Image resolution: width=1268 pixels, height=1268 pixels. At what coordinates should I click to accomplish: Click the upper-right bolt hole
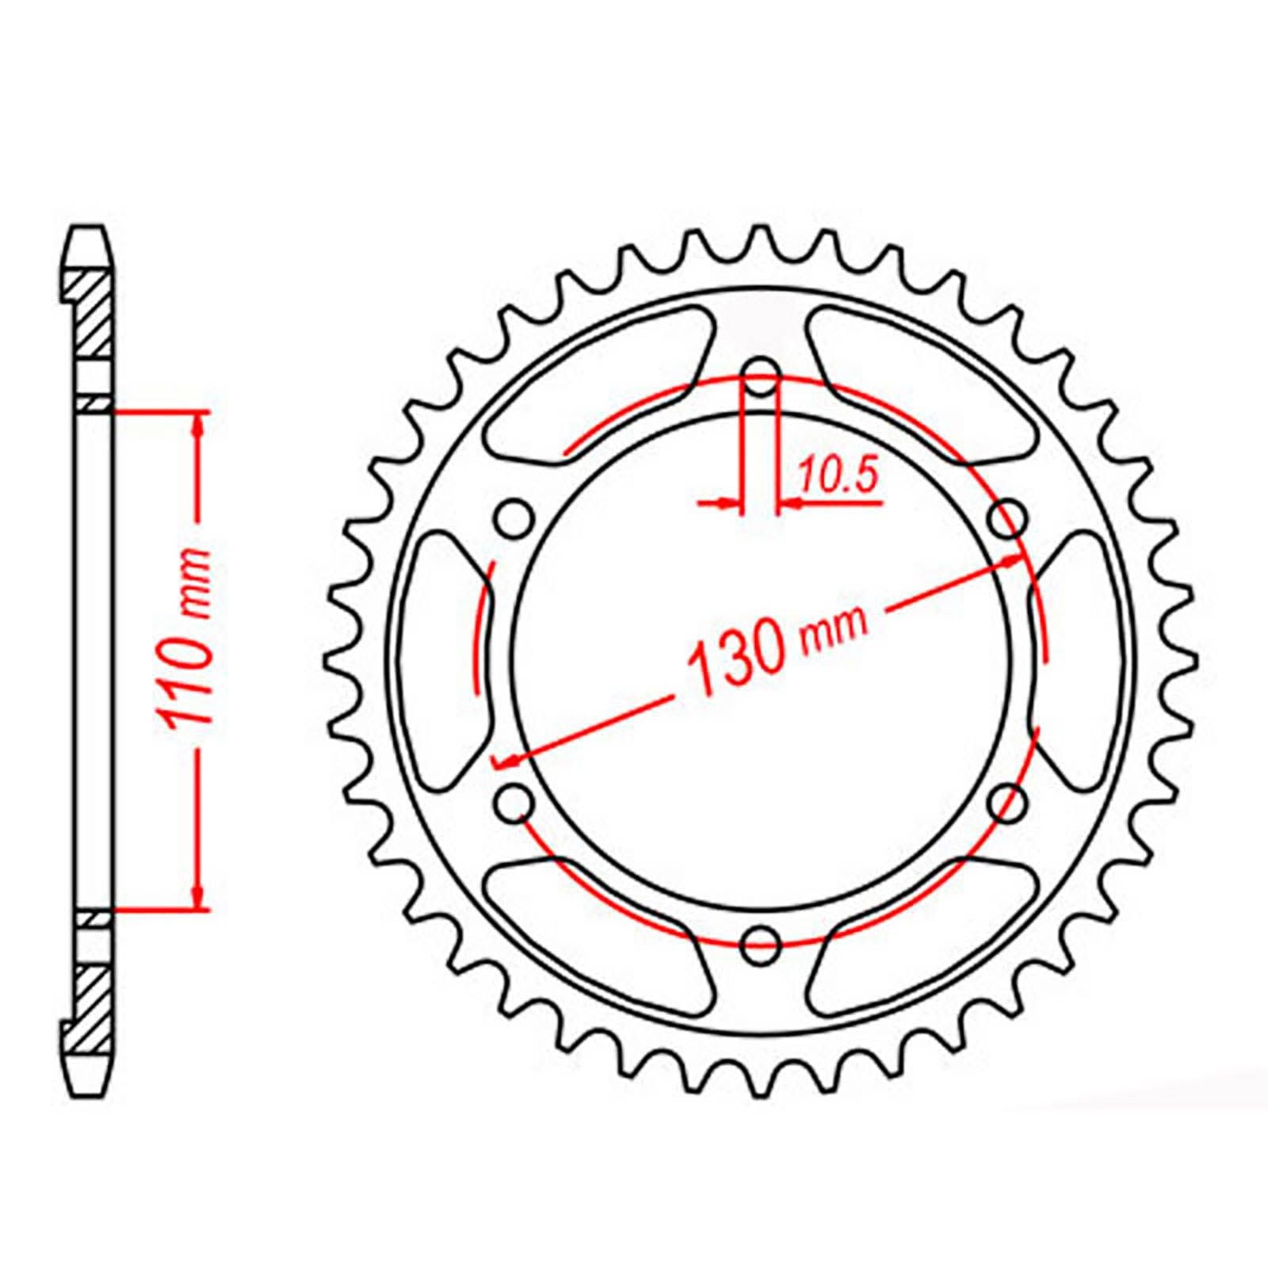point(1009,519)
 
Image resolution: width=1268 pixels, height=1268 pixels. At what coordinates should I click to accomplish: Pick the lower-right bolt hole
point(1009,802)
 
